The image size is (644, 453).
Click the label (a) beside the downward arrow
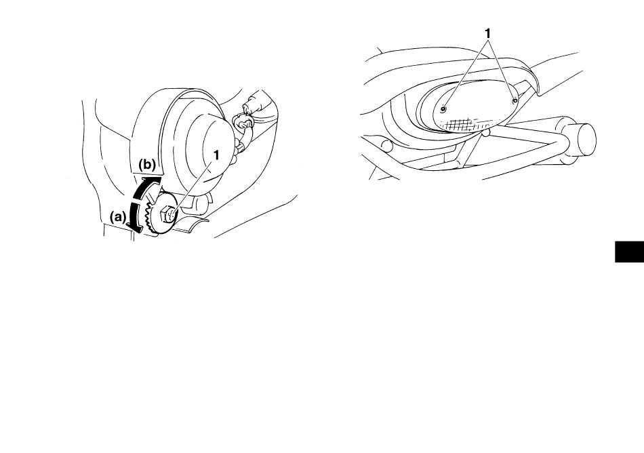tap(118, 216)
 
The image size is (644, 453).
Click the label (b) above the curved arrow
tap(147, 165)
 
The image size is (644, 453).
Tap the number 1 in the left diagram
tap(216, 155)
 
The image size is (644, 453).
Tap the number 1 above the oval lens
tap(487, 34)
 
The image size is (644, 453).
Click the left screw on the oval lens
tap(443, 109)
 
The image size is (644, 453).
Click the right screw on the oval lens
tap(515, 100)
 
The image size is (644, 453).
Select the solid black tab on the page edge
tap(629, 252)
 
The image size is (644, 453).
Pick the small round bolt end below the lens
tap(486, 132)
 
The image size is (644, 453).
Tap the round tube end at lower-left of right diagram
tap(387, 145)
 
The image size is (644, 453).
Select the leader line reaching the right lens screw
tap(502, 68)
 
